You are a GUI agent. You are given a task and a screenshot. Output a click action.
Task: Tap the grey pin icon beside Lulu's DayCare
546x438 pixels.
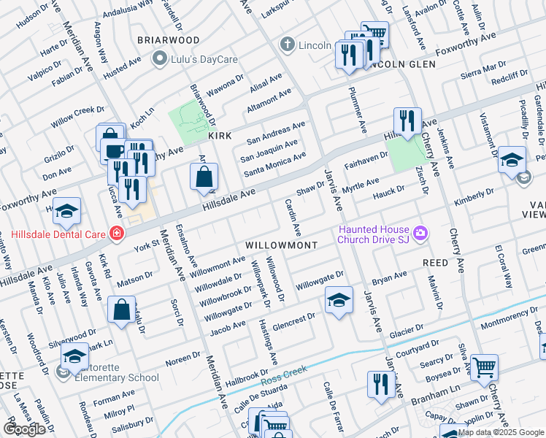pyautogui.click(x=158, y=58)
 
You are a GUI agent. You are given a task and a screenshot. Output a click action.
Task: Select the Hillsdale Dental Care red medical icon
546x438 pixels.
pyautogui.click(x=115, y=234)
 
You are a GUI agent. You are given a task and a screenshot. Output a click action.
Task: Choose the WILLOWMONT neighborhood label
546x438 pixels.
pyautogui.click(x=281, y=245)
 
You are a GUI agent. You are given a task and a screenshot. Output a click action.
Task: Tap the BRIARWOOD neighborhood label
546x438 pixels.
pyautogui.click(x=169, y=39)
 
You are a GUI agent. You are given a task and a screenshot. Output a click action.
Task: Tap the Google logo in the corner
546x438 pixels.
pyautogui.click(x=24, y=429)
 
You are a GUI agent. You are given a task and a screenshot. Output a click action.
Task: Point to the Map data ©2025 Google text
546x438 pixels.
pyautogui.click(x=500, y=432)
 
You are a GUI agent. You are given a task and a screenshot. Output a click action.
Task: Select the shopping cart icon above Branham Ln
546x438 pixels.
pyautogui.click(x=483, y=369)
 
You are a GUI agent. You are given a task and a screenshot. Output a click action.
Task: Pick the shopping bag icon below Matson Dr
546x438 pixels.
pyautogui.click(x=121, y=310)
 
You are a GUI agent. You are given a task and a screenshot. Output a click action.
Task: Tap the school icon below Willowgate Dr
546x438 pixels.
pyautogui.click(x=339, y=301)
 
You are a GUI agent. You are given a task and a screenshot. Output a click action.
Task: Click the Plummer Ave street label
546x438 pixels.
pyautogui.click(x=362, y=112)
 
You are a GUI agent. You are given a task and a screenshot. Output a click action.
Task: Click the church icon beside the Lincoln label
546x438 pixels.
pyautogui.click(x=288, y=45)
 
